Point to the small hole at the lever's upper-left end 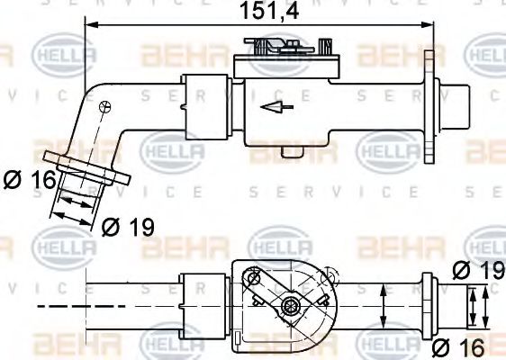tap(255, 280)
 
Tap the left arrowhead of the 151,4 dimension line tap(90, 27)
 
